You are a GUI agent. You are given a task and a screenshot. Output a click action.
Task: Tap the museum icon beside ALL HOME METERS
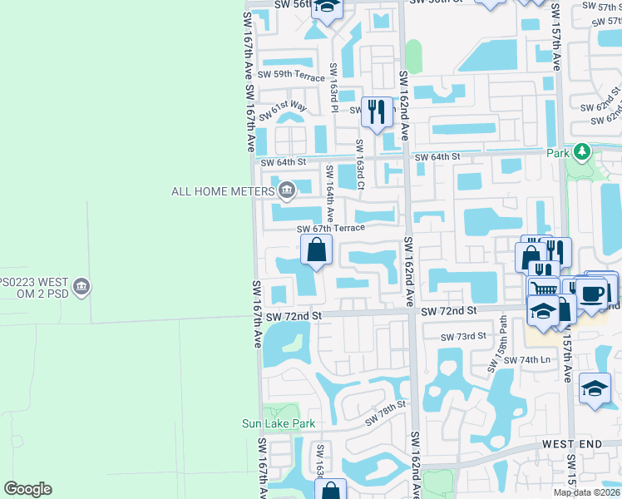pos(287,191)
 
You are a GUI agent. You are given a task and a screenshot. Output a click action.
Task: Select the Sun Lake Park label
pos(279,423)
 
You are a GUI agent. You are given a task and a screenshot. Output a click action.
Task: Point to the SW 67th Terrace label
pos(331,228)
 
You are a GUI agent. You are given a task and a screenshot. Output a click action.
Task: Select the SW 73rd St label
pos(464,336)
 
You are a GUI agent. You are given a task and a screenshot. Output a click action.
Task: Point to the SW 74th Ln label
pos(534,359)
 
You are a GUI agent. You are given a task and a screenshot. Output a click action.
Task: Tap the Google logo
pos(27,489)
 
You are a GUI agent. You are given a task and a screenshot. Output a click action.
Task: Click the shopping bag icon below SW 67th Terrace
pos(316,249)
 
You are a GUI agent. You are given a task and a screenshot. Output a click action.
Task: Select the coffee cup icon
pos(592,292)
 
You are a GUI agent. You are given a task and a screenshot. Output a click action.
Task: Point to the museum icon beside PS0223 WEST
pos(81,288)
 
